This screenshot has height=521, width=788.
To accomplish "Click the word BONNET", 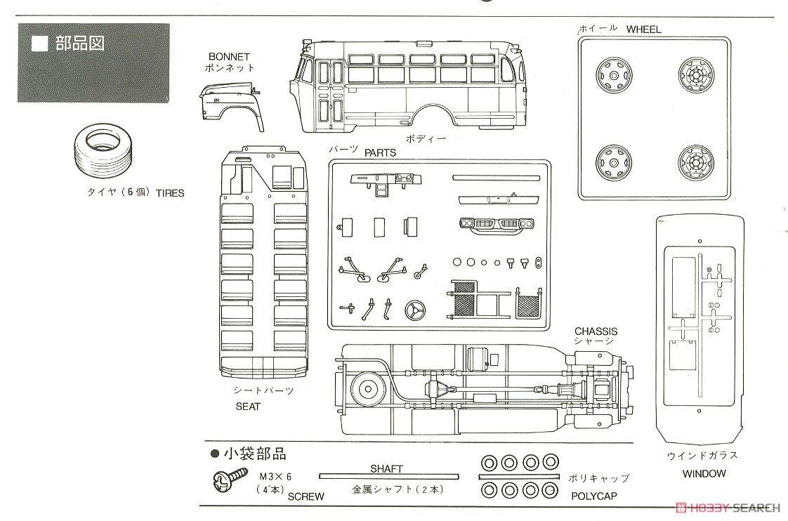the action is [229, 57].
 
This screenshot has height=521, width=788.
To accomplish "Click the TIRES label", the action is [170, 193].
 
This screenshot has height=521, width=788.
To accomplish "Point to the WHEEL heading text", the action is [643, 29].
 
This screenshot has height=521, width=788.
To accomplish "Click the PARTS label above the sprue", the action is [381, 153].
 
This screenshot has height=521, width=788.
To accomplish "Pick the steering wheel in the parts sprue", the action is [415, 310].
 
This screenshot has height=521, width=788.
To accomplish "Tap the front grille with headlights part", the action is [497, 223].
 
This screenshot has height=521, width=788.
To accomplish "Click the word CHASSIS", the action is [596, 331].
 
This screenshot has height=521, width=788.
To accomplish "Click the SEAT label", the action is [248, 406].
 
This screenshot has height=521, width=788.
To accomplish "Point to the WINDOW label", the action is [704, 473].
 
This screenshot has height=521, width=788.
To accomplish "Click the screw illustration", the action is [230, 480].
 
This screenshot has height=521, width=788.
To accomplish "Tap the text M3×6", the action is [275, 476].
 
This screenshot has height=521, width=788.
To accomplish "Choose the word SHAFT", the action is [386, 468].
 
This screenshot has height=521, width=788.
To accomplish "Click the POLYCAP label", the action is [594, 496].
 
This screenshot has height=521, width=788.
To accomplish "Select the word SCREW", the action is [306, 496].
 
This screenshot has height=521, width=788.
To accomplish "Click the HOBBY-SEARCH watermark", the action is [729, 508].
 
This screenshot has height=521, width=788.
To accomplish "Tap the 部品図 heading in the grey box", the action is [80, 44].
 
